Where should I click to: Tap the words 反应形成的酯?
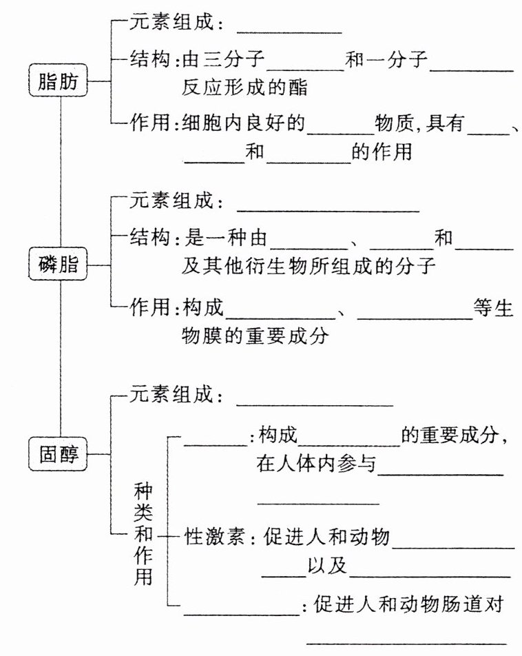[244, 88]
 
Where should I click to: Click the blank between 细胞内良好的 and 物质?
[340, 128]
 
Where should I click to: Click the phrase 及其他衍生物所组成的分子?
[309, 266]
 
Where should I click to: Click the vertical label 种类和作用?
[143, 534]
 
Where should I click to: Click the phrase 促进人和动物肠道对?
[410, 604]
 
